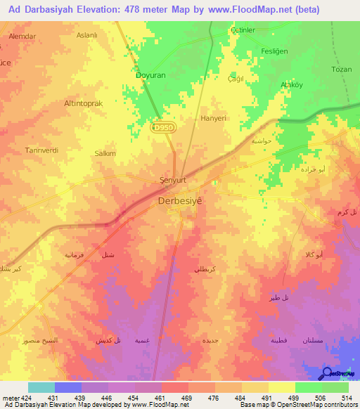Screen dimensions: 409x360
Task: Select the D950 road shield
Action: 163,126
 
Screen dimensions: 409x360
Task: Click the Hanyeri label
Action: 214,119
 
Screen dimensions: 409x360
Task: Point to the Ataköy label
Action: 292,84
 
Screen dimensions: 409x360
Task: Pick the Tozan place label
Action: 340,70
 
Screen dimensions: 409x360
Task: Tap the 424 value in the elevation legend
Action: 20,398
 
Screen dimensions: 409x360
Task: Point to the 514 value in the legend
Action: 346,398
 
